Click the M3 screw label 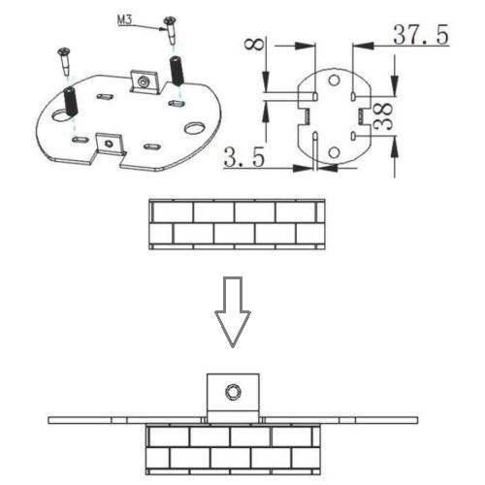(x=124, y=19)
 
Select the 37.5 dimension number (x=421, y=34)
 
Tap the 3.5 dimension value (x=244, y=157)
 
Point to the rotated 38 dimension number (x=383, y=116)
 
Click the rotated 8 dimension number (x=254, y=44)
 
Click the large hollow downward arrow (x=233, y=311)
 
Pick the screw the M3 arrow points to (x=171, y=30)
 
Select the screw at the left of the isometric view (x=64, y=60)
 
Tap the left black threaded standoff (x=71, y=101)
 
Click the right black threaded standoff (x=177, y=71)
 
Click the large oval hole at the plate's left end (x=60, y=115)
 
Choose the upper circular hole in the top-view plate (x=334, y=80)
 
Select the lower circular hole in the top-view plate (x=334, y=152)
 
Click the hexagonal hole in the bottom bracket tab (x=233, y=392)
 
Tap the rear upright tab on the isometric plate (x=145, y=82)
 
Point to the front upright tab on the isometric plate (x=111, y=145)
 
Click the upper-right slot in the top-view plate (x=353, y=96)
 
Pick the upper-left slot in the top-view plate (x=315, y=96)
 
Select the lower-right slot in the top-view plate (x=353, y=136)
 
